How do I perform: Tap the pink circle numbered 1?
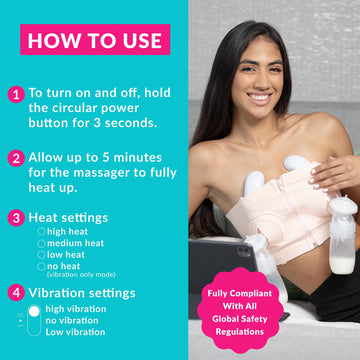point(15,95)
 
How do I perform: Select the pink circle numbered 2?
point(15,157)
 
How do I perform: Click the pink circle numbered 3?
point(15,216)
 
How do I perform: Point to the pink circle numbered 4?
point(15,293)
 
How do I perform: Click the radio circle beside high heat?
point(41,230)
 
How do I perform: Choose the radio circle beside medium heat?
point(41,243)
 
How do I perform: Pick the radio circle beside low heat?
point(41,255)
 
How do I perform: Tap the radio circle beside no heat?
point(41,267)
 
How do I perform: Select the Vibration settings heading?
point(82,293)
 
